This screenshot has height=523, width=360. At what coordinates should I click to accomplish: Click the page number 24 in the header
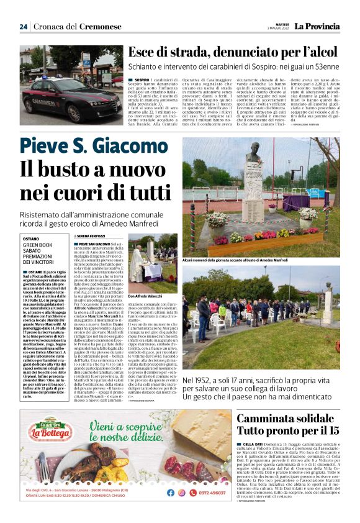[x=23, y=27]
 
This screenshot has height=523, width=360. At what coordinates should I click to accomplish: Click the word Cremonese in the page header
[x=101, y=27]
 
